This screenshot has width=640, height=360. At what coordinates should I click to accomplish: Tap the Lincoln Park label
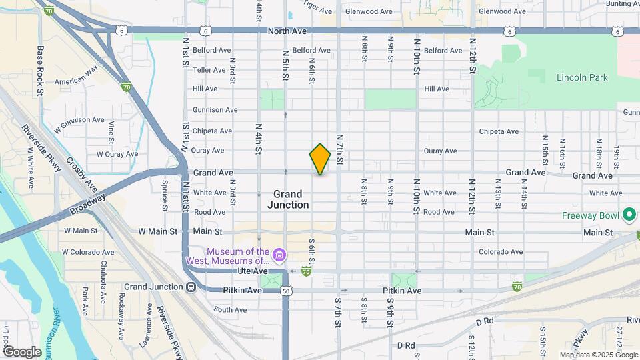click(x=582, y=78)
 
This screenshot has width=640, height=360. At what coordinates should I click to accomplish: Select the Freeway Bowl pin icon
click(x=629, y=215)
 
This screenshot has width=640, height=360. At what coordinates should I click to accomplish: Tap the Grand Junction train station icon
click(x=191, y=287)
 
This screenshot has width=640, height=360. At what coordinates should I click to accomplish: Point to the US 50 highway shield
click(x=286, y=291)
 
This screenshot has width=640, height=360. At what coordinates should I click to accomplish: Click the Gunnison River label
click(x=53, y=333)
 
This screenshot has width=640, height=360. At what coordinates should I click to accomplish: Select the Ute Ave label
click(x=251, y=271)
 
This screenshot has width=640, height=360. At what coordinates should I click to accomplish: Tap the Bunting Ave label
click(x=623, y=3)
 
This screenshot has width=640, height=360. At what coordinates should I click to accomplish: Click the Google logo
click(x=21, y=351)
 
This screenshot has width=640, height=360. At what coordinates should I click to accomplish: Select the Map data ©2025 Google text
click(x=598, y=355)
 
